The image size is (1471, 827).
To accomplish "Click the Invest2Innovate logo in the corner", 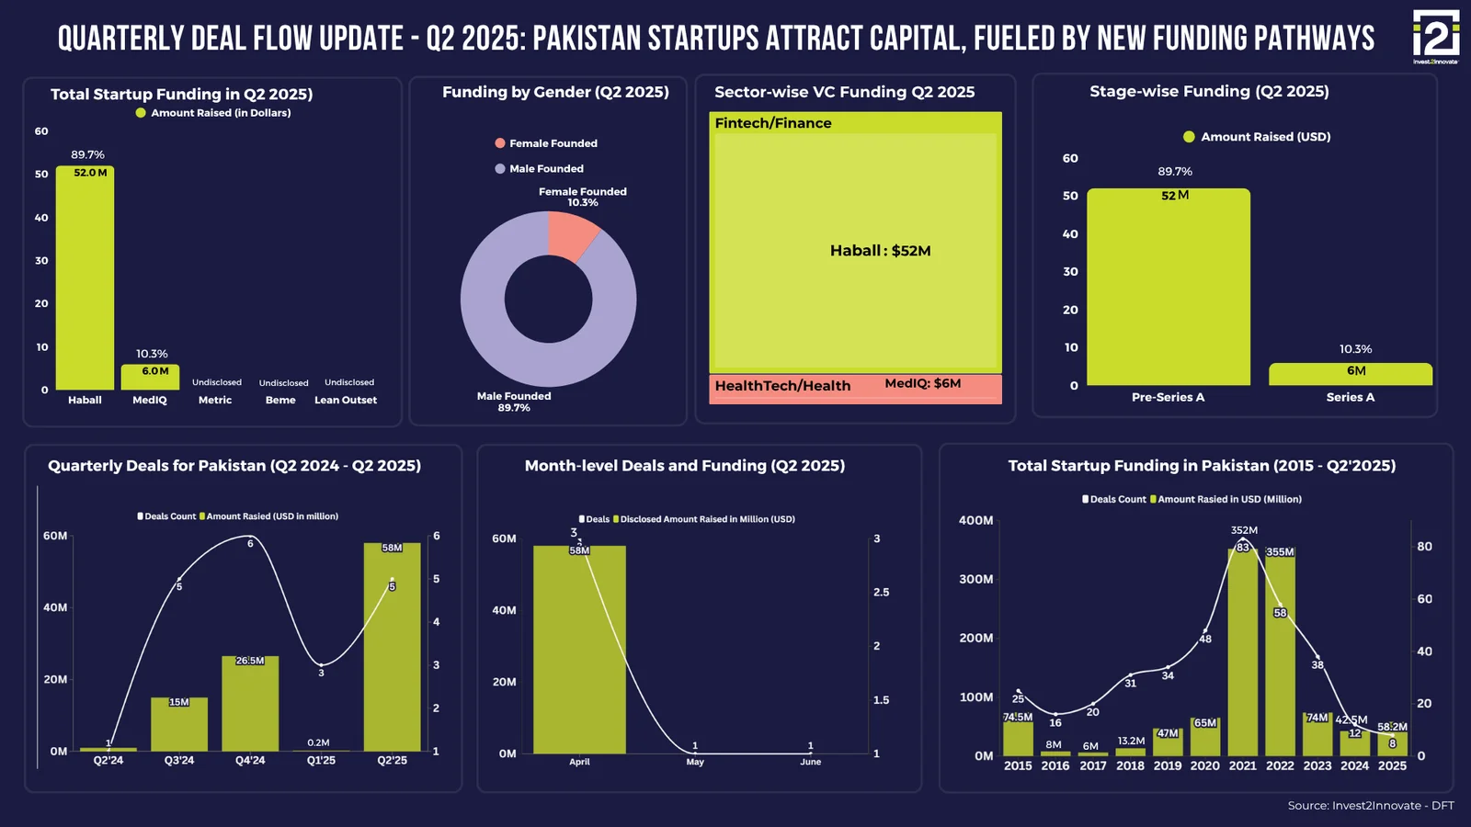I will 1435,37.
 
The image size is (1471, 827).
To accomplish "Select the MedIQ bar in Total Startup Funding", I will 150,378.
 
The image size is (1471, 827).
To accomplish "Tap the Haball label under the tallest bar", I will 85,400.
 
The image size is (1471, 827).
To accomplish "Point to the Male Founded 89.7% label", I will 514,402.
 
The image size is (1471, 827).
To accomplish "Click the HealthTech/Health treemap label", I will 782,386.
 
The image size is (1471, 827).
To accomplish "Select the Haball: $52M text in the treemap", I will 880,251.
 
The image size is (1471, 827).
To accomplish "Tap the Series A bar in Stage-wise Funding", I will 1350,374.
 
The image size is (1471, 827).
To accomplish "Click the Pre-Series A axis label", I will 1168,397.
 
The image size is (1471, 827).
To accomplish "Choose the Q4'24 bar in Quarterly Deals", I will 250,703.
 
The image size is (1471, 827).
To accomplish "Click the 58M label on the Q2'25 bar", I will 392,548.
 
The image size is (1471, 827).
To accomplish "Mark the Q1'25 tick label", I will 321,761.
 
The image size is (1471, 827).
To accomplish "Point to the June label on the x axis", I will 810,762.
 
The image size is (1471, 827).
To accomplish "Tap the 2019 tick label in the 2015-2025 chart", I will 1168,765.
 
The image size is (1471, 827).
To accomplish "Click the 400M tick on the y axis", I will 975,520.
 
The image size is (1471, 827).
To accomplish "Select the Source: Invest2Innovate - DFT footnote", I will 1370,806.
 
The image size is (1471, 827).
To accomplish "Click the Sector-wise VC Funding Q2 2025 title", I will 844,92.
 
